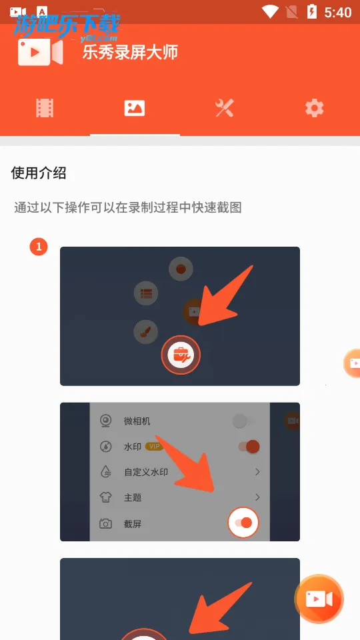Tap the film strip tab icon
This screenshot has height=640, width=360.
click(x=45, y=108)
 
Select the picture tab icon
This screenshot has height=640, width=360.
click(x=135, y=108)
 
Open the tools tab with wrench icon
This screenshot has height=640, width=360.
click(x=225, y=108)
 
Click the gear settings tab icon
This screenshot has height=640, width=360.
click(x=314, y=108)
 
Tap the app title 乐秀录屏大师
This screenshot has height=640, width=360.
click(x=130, y=53)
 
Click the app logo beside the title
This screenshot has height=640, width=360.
click(x=40, y=52)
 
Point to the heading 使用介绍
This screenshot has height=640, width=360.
click(x=39, y=173)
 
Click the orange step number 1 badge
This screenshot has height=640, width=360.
click(x=39, y=247)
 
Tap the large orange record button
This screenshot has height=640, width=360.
click(x=319, y=599)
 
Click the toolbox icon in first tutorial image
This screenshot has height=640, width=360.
click(x=181, y=355)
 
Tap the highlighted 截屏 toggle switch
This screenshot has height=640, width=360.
click(x=243, y=523)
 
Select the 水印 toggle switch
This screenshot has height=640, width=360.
click(x=248, y=447)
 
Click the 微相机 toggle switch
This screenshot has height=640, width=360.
click(x=243, y=421)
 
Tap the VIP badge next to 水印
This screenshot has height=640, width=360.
click(x=155, y=447)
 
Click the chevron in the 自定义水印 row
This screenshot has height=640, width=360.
click(x=257, y=472)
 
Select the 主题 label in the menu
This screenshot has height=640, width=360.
click(x=133, y=497)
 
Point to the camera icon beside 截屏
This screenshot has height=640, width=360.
click(x=105, y=523)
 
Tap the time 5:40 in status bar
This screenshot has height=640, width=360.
click(x=337, y=12)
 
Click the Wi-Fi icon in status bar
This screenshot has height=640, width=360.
click(x=270, y=12)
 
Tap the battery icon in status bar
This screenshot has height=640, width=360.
click(x=311, y=12)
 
